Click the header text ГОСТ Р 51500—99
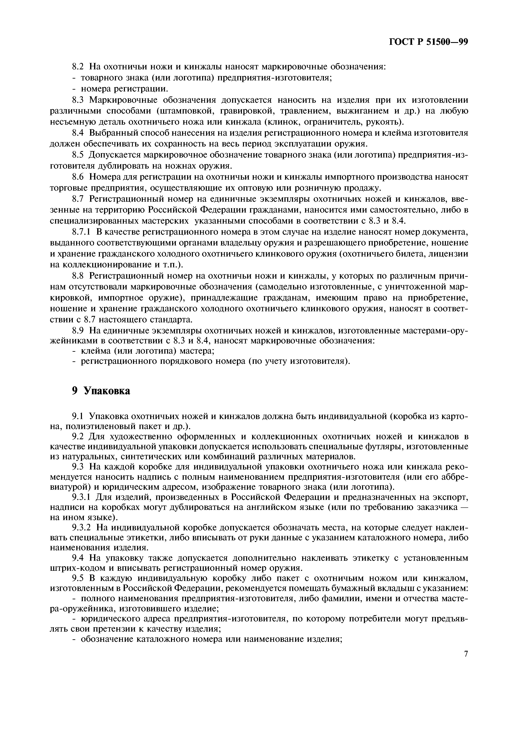428,42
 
